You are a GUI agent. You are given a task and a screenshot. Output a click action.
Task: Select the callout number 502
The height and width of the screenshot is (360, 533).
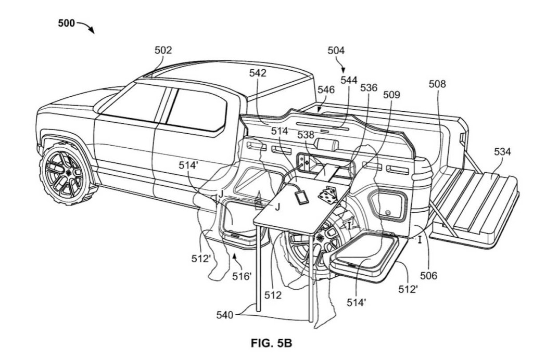point(163,50)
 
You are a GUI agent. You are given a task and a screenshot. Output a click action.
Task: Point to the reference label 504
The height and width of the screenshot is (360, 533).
point(336,50)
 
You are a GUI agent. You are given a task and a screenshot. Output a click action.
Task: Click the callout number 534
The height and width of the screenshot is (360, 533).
point(502,152)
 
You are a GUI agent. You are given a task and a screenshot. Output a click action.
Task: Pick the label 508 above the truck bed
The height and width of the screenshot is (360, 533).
point(437,83)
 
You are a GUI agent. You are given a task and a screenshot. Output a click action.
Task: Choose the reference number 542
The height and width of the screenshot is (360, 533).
point(258,73)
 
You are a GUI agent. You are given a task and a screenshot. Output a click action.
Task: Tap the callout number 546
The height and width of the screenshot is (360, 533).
point(326,89)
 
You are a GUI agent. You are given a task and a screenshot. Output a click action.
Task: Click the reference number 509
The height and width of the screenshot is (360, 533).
point(391,95)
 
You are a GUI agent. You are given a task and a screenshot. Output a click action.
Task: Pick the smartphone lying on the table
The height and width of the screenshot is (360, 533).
point(300,198)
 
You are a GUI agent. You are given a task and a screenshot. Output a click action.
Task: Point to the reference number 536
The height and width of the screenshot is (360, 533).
point(369,88)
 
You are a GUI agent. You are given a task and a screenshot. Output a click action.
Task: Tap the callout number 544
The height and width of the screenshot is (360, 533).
point(349,80)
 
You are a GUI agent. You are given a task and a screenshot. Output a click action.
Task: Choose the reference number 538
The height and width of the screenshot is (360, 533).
point(306,135)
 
